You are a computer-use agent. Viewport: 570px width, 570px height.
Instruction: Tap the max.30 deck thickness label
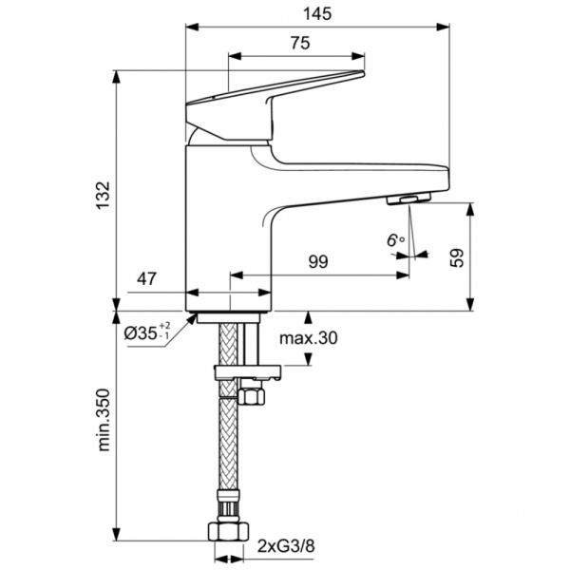coord(308,338)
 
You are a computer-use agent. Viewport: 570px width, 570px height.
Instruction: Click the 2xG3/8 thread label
coord(285,546)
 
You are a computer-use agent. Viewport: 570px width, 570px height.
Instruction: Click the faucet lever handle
coord(275,90)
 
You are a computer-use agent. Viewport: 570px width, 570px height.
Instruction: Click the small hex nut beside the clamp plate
coord(255,393)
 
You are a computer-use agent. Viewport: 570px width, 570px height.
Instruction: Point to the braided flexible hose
coord(229,446)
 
